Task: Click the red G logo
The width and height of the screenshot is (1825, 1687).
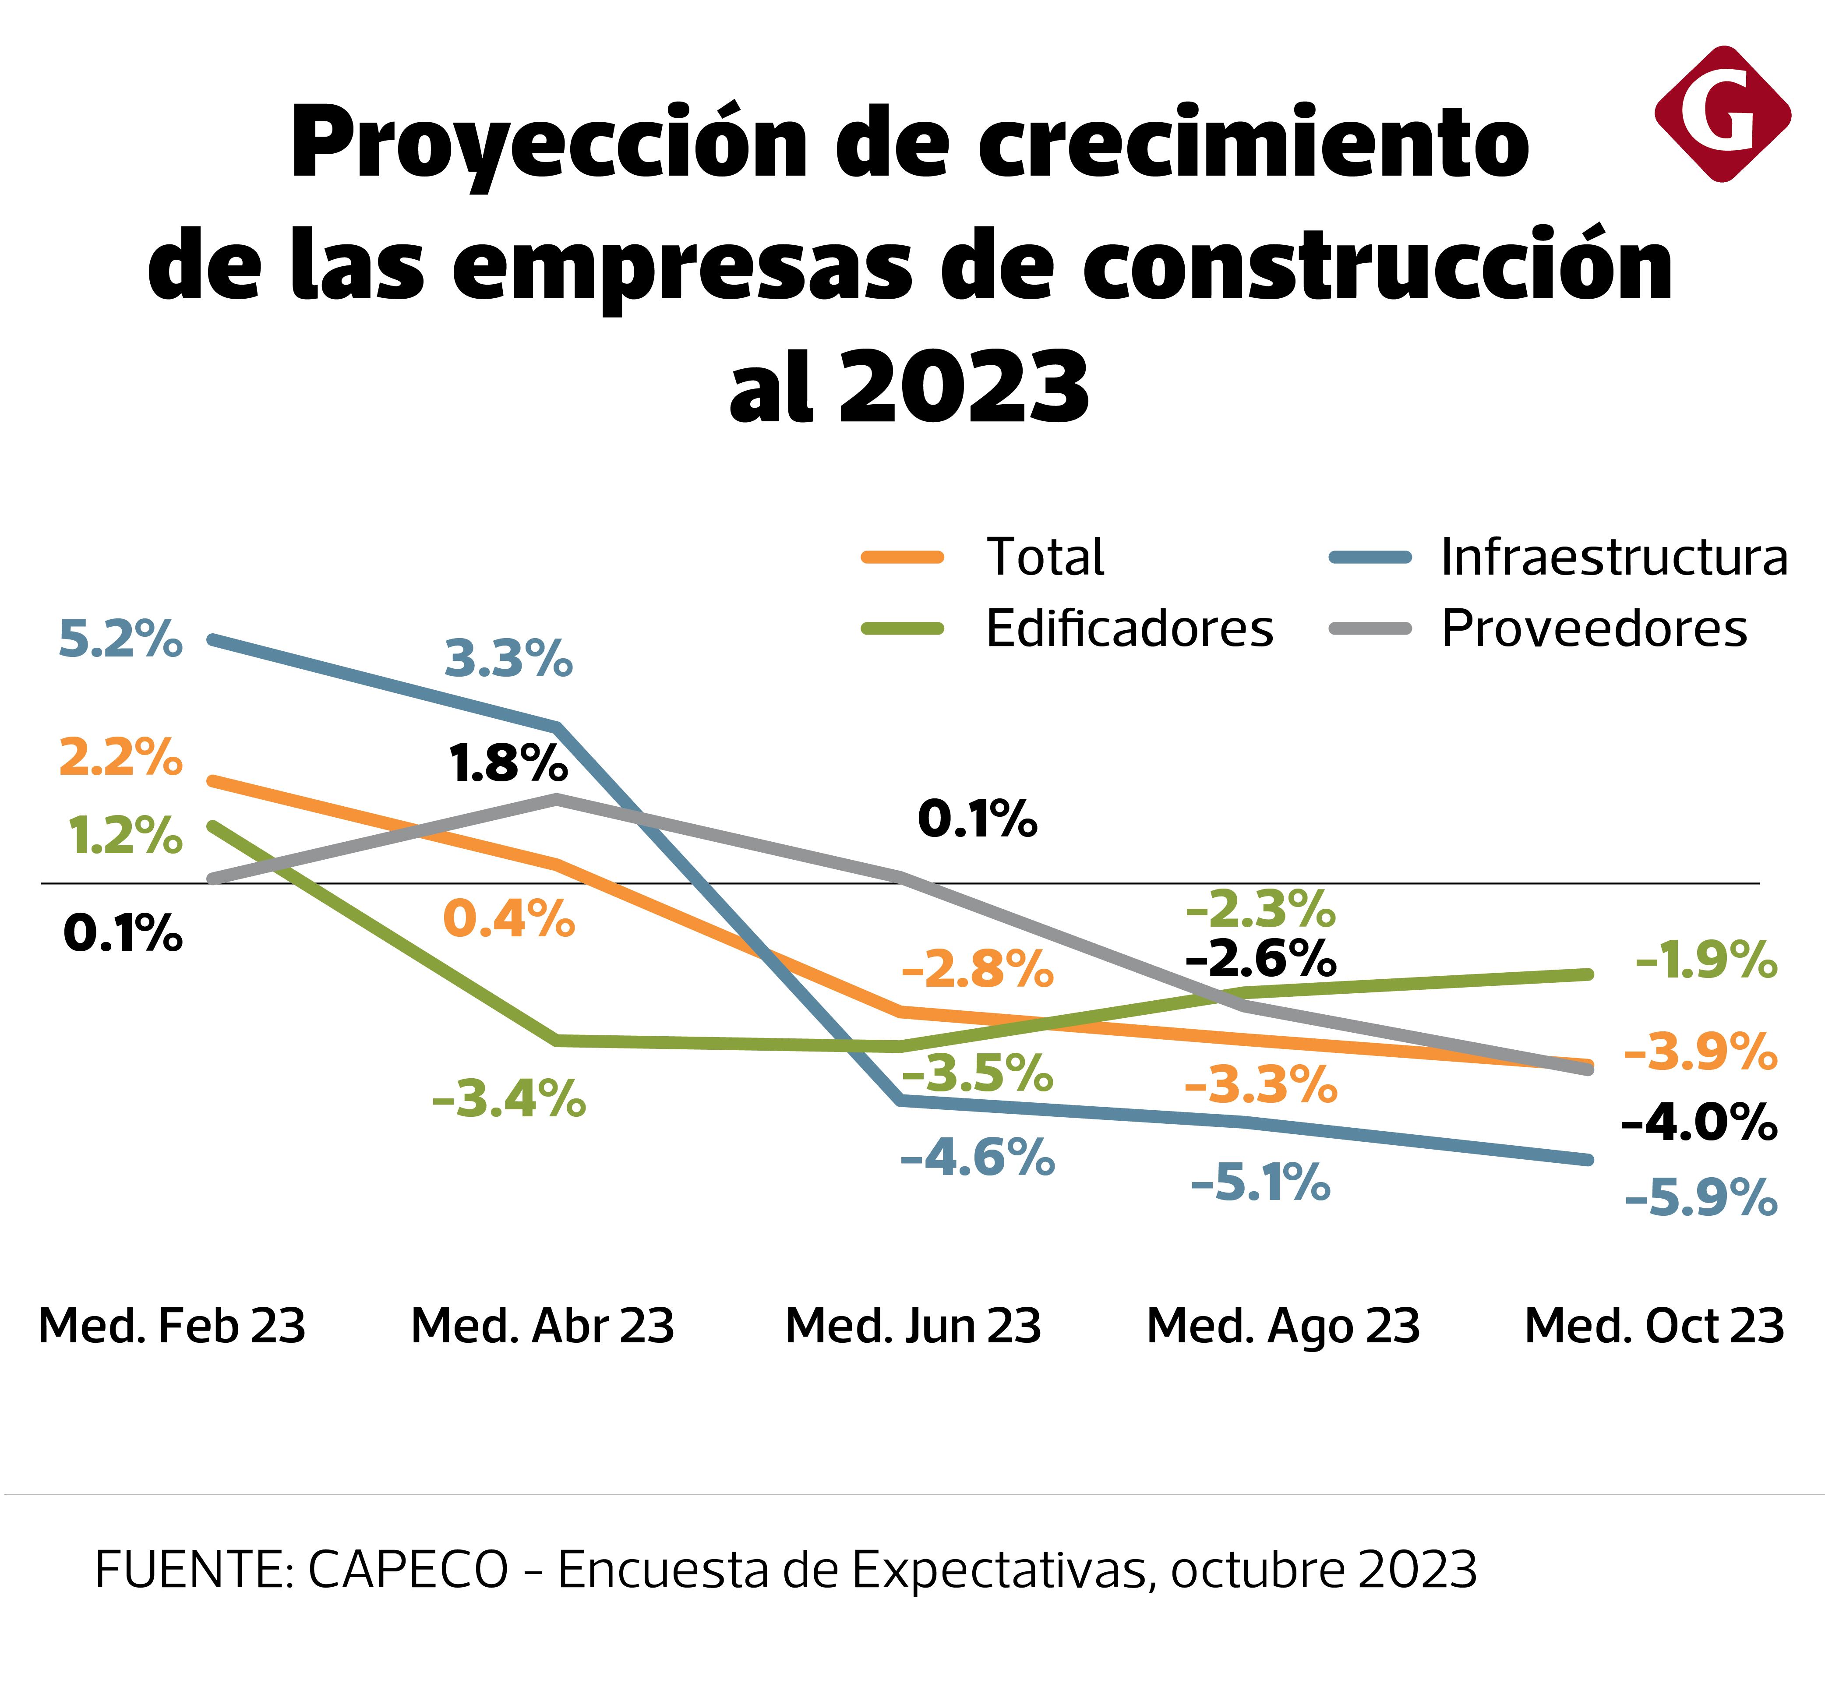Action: pyautogui.click(x=1722, y=114)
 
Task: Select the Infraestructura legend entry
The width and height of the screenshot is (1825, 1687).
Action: pyautogui.click(x=1613, y=557)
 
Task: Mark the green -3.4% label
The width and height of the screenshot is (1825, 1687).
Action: pyautogui.click(x=508, y=1098)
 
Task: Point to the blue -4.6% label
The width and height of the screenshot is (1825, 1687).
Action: pyautogui.click(x=977, y=1159)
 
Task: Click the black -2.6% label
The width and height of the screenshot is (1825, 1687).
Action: pyautogui.click(x=1261, y=959)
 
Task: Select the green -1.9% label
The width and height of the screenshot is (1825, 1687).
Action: pyautogui.click(x=1705, y=960)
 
